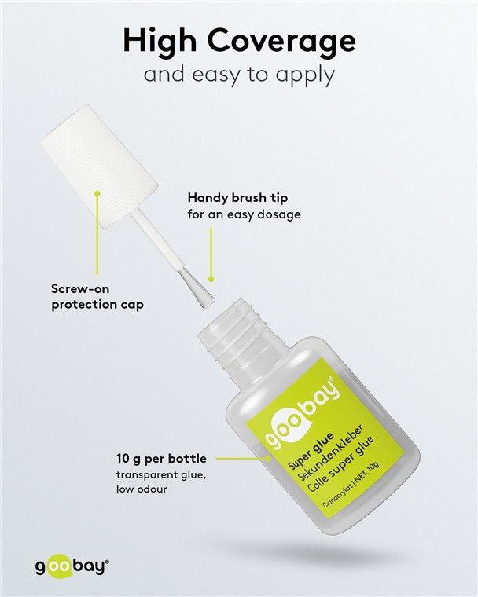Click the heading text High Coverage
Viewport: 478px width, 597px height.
coord(239,41)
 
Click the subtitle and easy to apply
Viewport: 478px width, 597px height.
coord(239,75)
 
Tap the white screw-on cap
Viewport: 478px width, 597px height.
coord(100,167)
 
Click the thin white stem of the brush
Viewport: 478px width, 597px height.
coord(156,240)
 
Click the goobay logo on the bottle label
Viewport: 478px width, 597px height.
coord(302,413)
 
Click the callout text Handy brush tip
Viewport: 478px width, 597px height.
coord(237,198)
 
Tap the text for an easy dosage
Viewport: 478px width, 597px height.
coord(244,214)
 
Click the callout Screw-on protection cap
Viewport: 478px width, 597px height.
coord(97,297)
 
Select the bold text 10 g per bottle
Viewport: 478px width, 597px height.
coord(162,459)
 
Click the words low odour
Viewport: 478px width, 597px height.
coord(142,489)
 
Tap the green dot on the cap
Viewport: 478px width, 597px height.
coord(97,193)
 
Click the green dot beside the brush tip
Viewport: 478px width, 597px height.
coord(211,279)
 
